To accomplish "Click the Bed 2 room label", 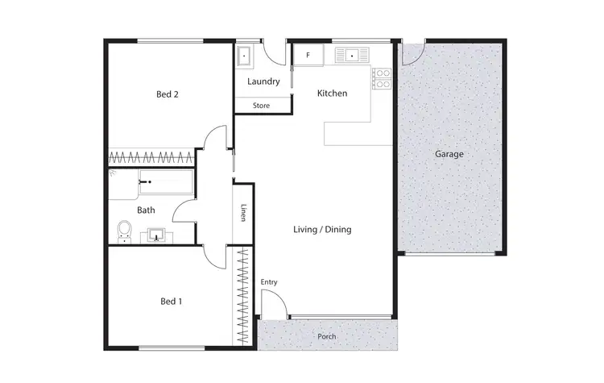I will (167, 94).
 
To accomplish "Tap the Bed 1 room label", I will (171, 302).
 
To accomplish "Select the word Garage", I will (449, 154).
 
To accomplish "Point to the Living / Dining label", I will (322, 230).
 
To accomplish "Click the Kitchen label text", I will (332, 94).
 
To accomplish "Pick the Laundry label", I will (263, 81).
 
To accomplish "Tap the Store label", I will (261, 106).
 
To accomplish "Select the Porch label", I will (326, 336).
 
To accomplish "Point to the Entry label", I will (269, 281).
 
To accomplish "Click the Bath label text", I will (146, 210).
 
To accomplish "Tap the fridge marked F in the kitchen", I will (308, 55).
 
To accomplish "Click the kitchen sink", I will (352, 55).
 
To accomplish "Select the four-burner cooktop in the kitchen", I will (382, 77).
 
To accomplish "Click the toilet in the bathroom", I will (124, 231).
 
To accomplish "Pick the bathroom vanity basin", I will (155, 236).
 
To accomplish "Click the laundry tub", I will (244, 56).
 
